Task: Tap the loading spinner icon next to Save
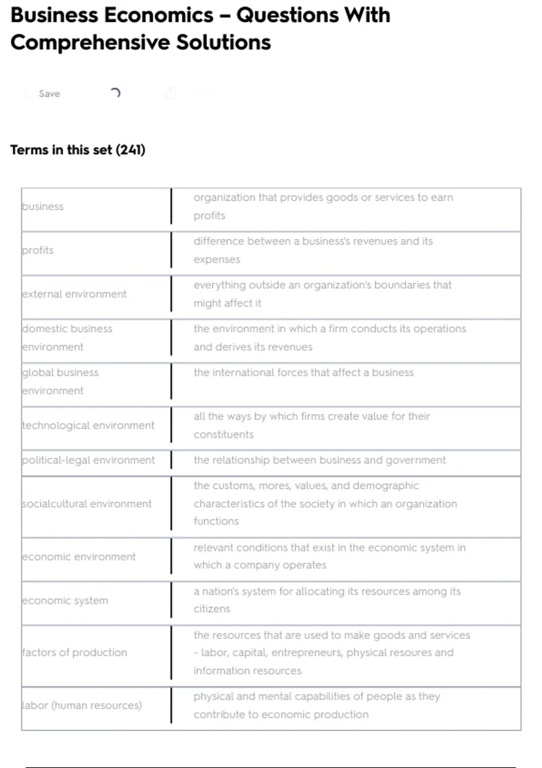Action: coord(116,93)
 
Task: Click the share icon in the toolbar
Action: coord(170,93)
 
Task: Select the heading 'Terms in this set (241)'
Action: coord(78,150)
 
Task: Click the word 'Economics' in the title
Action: coord(159,15)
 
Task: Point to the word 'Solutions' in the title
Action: coord(223,42)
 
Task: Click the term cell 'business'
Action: coord(43,206)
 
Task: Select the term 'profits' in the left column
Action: coord(38,250)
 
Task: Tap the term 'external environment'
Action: coord(75,294)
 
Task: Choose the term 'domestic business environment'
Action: coord(67,337)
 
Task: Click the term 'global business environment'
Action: coord(60,381)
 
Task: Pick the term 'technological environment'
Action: coord(88,425)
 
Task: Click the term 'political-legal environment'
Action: coord(88,460)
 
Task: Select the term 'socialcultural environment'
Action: coord(87,504)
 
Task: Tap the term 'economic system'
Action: coord(65,600)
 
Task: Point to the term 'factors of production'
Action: coord(75,652)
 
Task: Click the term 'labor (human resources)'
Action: coord(82,705)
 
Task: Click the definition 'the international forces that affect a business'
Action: coord(304,372)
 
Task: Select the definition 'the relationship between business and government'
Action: coord(319,460)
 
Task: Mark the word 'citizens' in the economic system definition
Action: coord(212,609)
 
